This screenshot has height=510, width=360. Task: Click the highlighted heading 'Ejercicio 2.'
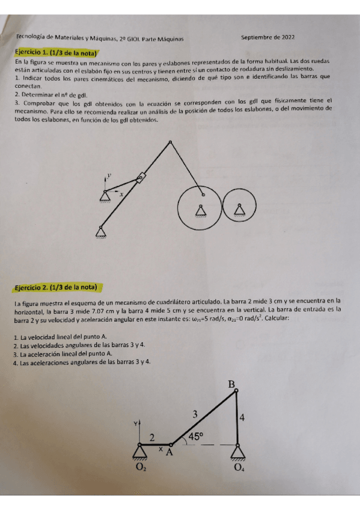58,287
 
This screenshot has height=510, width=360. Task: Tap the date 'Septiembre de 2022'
267,37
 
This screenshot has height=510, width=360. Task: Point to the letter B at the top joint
232,384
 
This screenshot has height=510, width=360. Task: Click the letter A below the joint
169,453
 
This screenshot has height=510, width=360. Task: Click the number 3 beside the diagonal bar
194,414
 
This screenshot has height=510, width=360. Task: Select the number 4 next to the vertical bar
243,416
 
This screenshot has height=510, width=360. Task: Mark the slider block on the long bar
141,177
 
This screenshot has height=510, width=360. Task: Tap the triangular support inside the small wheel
240,209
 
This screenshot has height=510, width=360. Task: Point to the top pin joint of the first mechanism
171,143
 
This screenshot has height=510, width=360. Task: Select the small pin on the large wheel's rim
203,194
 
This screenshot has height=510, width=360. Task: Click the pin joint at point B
236,392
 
